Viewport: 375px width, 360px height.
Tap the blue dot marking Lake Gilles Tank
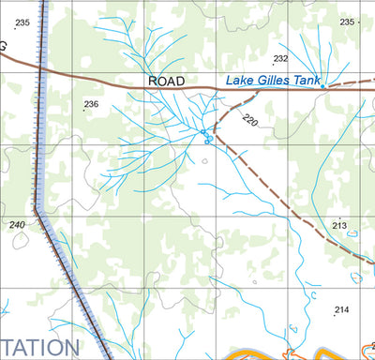(322, 86)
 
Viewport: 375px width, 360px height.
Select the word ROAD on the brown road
(167, 82)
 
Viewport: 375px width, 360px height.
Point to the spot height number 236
(91, 104)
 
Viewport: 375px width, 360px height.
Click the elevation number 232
(280, 58)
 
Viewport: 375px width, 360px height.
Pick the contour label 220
(248, 119)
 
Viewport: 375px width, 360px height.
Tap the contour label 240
(17, 225)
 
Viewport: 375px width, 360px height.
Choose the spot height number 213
(339, 226)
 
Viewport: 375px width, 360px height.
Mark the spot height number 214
(341, 309)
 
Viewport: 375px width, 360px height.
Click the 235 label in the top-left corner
(22, 22)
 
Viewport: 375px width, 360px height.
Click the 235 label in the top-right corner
(348, 22)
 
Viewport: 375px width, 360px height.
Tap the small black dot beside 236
(83, 111)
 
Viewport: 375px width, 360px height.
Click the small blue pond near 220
(207, 140)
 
